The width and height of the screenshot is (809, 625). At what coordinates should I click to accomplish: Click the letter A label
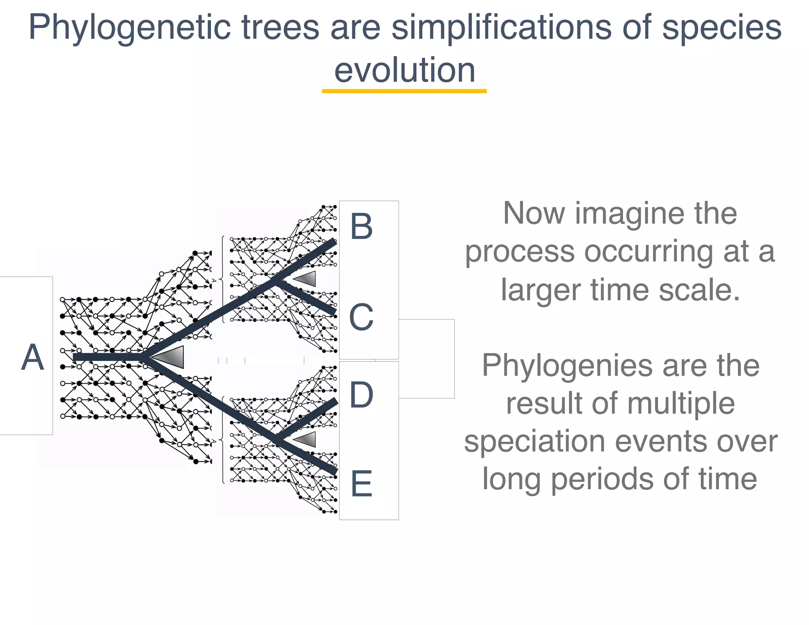[x=32, y=357]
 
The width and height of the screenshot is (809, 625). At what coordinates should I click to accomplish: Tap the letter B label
[x=361, y=226]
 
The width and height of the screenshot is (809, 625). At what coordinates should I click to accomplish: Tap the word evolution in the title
[x=404, y=70]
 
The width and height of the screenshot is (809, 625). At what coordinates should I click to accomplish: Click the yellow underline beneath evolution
[x=404, y=91]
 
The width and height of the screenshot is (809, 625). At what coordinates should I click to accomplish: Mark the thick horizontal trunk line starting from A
[x=107, y=357]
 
